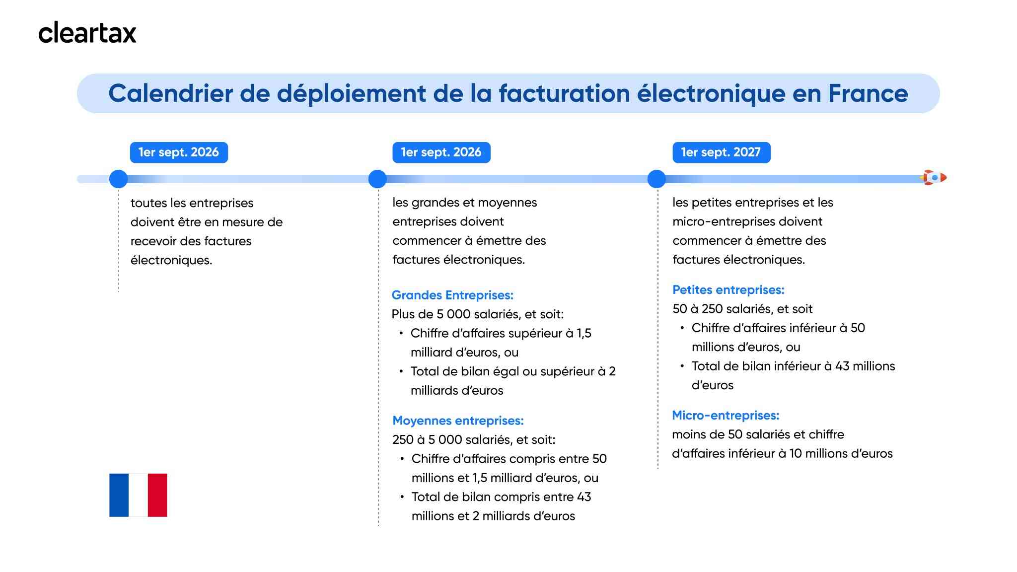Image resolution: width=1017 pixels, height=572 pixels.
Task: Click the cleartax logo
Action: click(87, 33)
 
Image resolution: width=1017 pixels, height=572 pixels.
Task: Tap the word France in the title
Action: click(868, 93)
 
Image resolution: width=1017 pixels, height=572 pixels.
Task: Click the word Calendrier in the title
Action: click(170, 93)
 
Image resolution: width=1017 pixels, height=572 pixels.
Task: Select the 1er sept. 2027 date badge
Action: click(721, 152)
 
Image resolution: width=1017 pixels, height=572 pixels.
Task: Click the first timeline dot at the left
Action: click(118, 179)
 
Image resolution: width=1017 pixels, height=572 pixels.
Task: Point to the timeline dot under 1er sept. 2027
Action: click(656, 179)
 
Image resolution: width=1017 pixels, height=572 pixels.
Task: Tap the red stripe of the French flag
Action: click(157, 495)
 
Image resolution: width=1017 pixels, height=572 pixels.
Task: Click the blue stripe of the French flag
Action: click(119, 495)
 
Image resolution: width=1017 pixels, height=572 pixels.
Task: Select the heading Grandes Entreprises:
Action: click(452, 295)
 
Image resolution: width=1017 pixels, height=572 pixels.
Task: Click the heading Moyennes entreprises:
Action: click(458, 421)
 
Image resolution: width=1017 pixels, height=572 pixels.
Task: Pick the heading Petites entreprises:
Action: click(728, 289)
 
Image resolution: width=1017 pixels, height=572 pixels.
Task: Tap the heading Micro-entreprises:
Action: click(725, 415)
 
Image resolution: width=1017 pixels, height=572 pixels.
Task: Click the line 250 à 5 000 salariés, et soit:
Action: click(473, 440)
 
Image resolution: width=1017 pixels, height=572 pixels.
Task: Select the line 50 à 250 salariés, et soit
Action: click(742, 309)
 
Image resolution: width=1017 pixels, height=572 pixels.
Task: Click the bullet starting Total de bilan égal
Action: click(512, 371)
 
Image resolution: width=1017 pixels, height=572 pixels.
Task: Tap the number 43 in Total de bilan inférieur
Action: click(842, 366)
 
